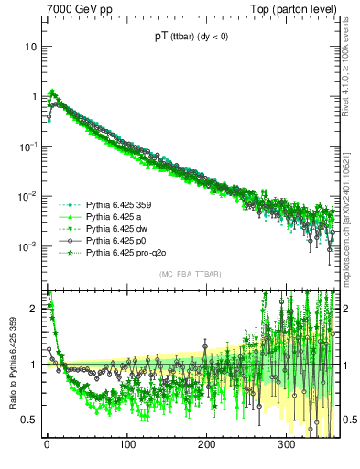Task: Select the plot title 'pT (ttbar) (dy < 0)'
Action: coord(191,38)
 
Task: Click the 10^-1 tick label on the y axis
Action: coord(28,147)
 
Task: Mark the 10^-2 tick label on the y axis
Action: coord(28,196)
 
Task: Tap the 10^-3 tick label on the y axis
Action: coord(28,246)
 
